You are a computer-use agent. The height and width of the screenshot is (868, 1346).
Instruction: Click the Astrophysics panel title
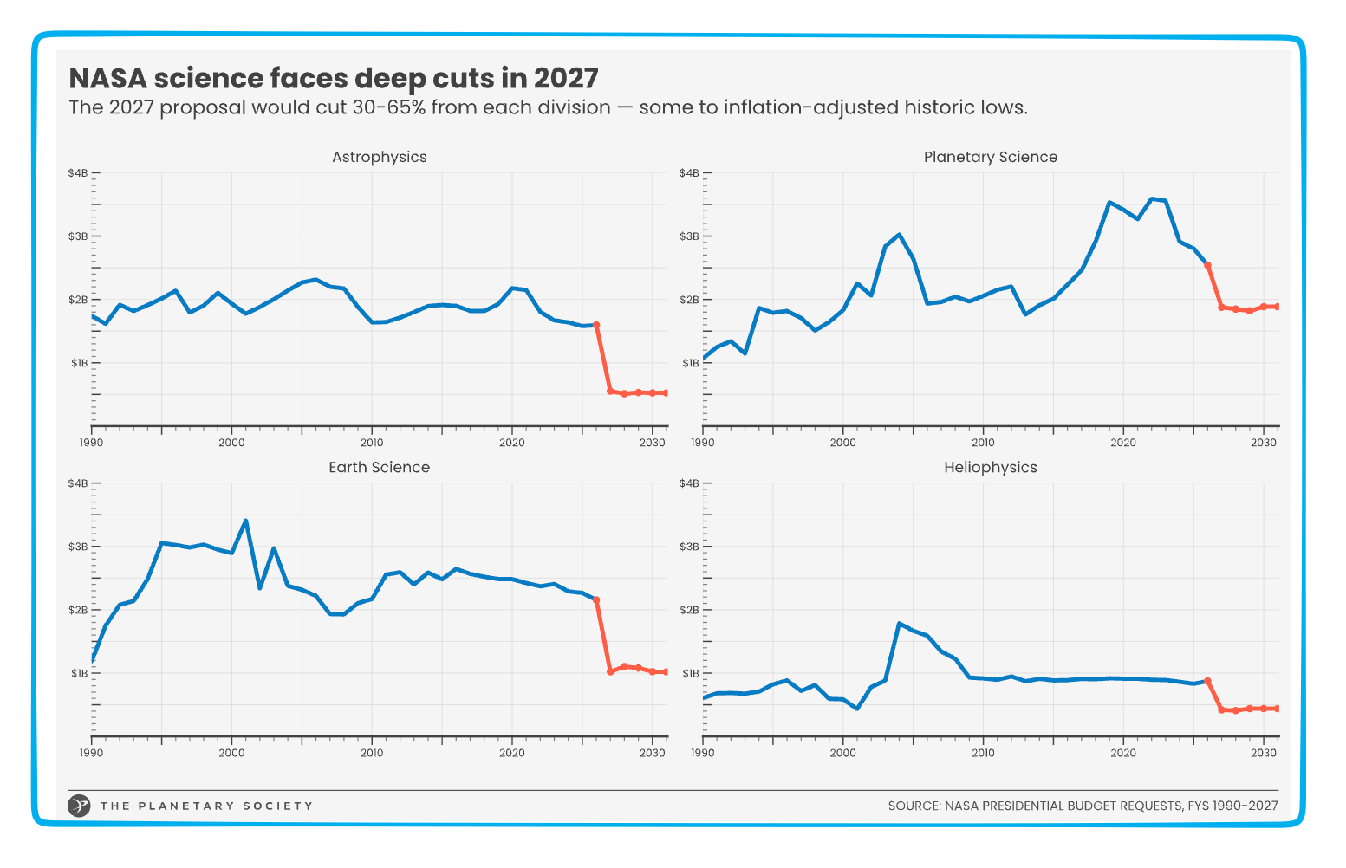point(379,157)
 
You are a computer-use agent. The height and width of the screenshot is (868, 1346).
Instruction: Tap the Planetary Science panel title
point(990,157)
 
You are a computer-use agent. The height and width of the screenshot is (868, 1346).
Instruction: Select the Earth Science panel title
point(379,467)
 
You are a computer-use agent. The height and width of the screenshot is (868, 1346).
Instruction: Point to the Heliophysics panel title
point(990,467)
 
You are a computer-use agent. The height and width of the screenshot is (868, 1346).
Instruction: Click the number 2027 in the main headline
point(565,78)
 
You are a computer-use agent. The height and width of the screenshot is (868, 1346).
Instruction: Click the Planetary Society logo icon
point(79,806)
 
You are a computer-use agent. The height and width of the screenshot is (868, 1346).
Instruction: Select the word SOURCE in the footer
point(914,806)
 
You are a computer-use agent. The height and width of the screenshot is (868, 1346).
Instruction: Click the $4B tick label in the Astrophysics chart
point(77,173)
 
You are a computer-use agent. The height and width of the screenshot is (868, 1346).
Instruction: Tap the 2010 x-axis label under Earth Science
point(372,753)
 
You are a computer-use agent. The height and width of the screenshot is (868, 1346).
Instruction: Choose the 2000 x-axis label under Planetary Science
point(842,443)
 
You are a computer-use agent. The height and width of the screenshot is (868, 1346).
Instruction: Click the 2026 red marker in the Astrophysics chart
point(596,325)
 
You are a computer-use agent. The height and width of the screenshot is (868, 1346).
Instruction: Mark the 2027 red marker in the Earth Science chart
point(610,671)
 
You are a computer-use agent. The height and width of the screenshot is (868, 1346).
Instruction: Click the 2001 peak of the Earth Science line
point(246,521)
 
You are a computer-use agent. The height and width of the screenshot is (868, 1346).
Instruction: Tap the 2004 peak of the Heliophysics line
point(899,623)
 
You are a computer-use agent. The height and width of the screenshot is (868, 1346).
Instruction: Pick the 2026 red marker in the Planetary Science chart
point(1207,265)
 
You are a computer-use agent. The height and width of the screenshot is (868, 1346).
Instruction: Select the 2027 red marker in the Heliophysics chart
point(1221,709)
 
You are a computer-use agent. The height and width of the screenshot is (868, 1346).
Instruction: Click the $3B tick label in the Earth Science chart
point(77,547)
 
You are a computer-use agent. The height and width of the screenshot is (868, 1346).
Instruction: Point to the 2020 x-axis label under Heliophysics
point(1123,753)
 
